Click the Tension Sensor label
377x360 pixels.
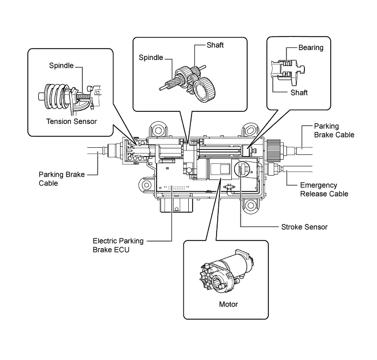(71, 121)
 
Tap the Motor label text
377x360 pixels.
(228, 304)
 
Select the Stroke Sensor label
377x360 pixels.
(304, 227)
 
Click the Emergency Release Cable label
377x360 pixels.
(324, 189)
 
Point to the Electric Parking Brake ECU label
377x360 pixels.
(118, 245)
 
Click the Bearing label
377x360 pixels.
(310, 47)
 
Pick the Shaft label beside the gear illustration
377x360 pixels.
(215, 45)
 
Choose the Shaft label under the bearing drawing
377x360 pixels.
(299, 93)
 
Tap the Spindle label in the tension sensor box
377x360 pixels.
(61, 65)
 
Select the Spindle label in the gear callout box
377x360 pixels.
(151, 58)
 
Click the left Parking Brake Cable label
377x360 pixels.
(62, 178)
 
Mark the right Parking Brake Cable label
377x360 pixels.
(334, 130)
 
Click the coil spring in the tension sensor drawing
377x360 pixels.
(56, 96)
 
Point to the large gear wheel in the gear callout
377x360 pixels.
(205, 90)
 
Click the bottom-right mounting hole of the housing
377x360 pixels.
(251, 205)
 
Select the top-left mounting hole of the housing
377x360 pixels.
(158, 131)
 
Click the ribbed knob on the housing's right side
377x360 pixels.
(273, 151)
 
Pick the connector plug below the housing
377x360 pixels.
(176, 205)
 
